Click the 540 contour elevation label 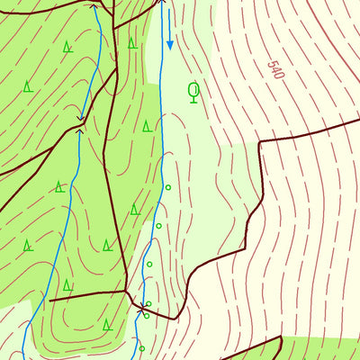click(274, 70)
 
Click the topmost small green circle click(167, 187)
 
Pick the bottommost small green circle click(141, 347)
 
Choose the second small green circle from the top click(158, 226)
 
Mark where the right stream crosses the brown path click(144, 307)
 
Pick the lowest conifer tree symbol click(106, 324)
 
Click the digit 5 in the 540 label click(269, 64)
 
